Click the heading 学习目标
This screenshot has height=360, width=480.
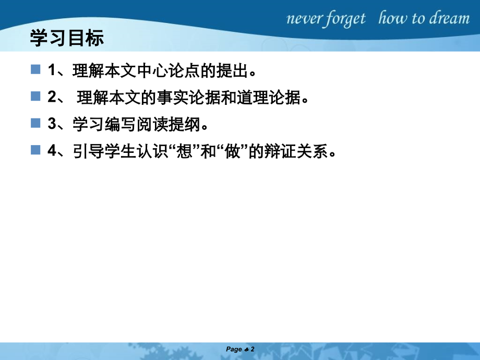(x=67, y=39)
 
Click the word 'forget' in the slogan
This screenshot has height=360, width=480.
(x=344, y=19)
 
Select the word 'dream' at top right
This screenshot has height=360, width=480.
(x=449, y=19)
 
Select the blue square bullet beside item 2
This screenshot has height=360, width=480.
(x=35, y=96)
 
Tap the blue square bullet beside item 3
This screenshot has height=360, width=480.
(x=35, y=123)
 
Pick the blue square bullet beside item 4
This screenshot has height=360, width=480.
(x=35, y=150)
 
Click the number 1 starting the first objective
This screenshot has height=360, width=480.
(x=51, y=69)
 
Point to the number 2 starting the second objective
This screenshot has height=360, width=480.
(x=51, y=97)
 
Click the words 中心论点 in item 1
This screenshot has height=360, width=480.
(x=156, y=69)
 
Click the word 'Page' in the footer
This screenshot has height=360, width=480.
(x=234, y=349)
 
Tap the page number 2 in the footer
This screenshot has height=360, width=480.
(x=252, y=349)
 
